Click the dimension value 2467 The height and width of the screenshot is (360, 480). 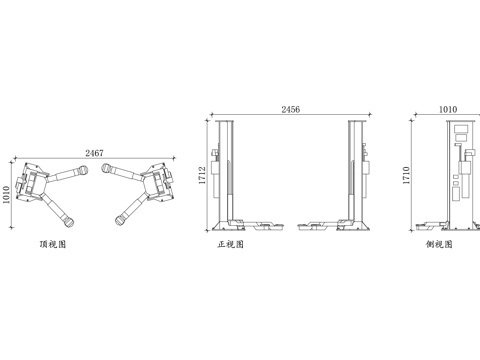[94, 153]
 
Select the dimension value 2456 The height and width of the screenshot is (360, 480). [291, 109]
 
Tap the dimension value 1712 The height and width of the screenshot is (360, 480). [202, 175]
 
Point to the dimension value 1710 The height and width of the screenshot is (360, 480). [406, 175]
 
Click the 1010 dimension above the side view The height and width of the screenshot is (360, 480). [448, 109]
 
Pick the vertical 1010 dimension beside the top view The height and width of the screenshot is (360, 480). [6, 195]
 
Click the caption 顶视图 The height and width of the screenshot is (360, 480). [53, 244]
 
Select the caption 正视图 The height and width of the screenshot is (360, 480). [231, 244]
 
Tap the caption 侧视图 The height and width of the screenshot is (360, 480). [439, 244]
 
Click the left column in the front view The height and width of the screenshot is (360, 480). [224, 173]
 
